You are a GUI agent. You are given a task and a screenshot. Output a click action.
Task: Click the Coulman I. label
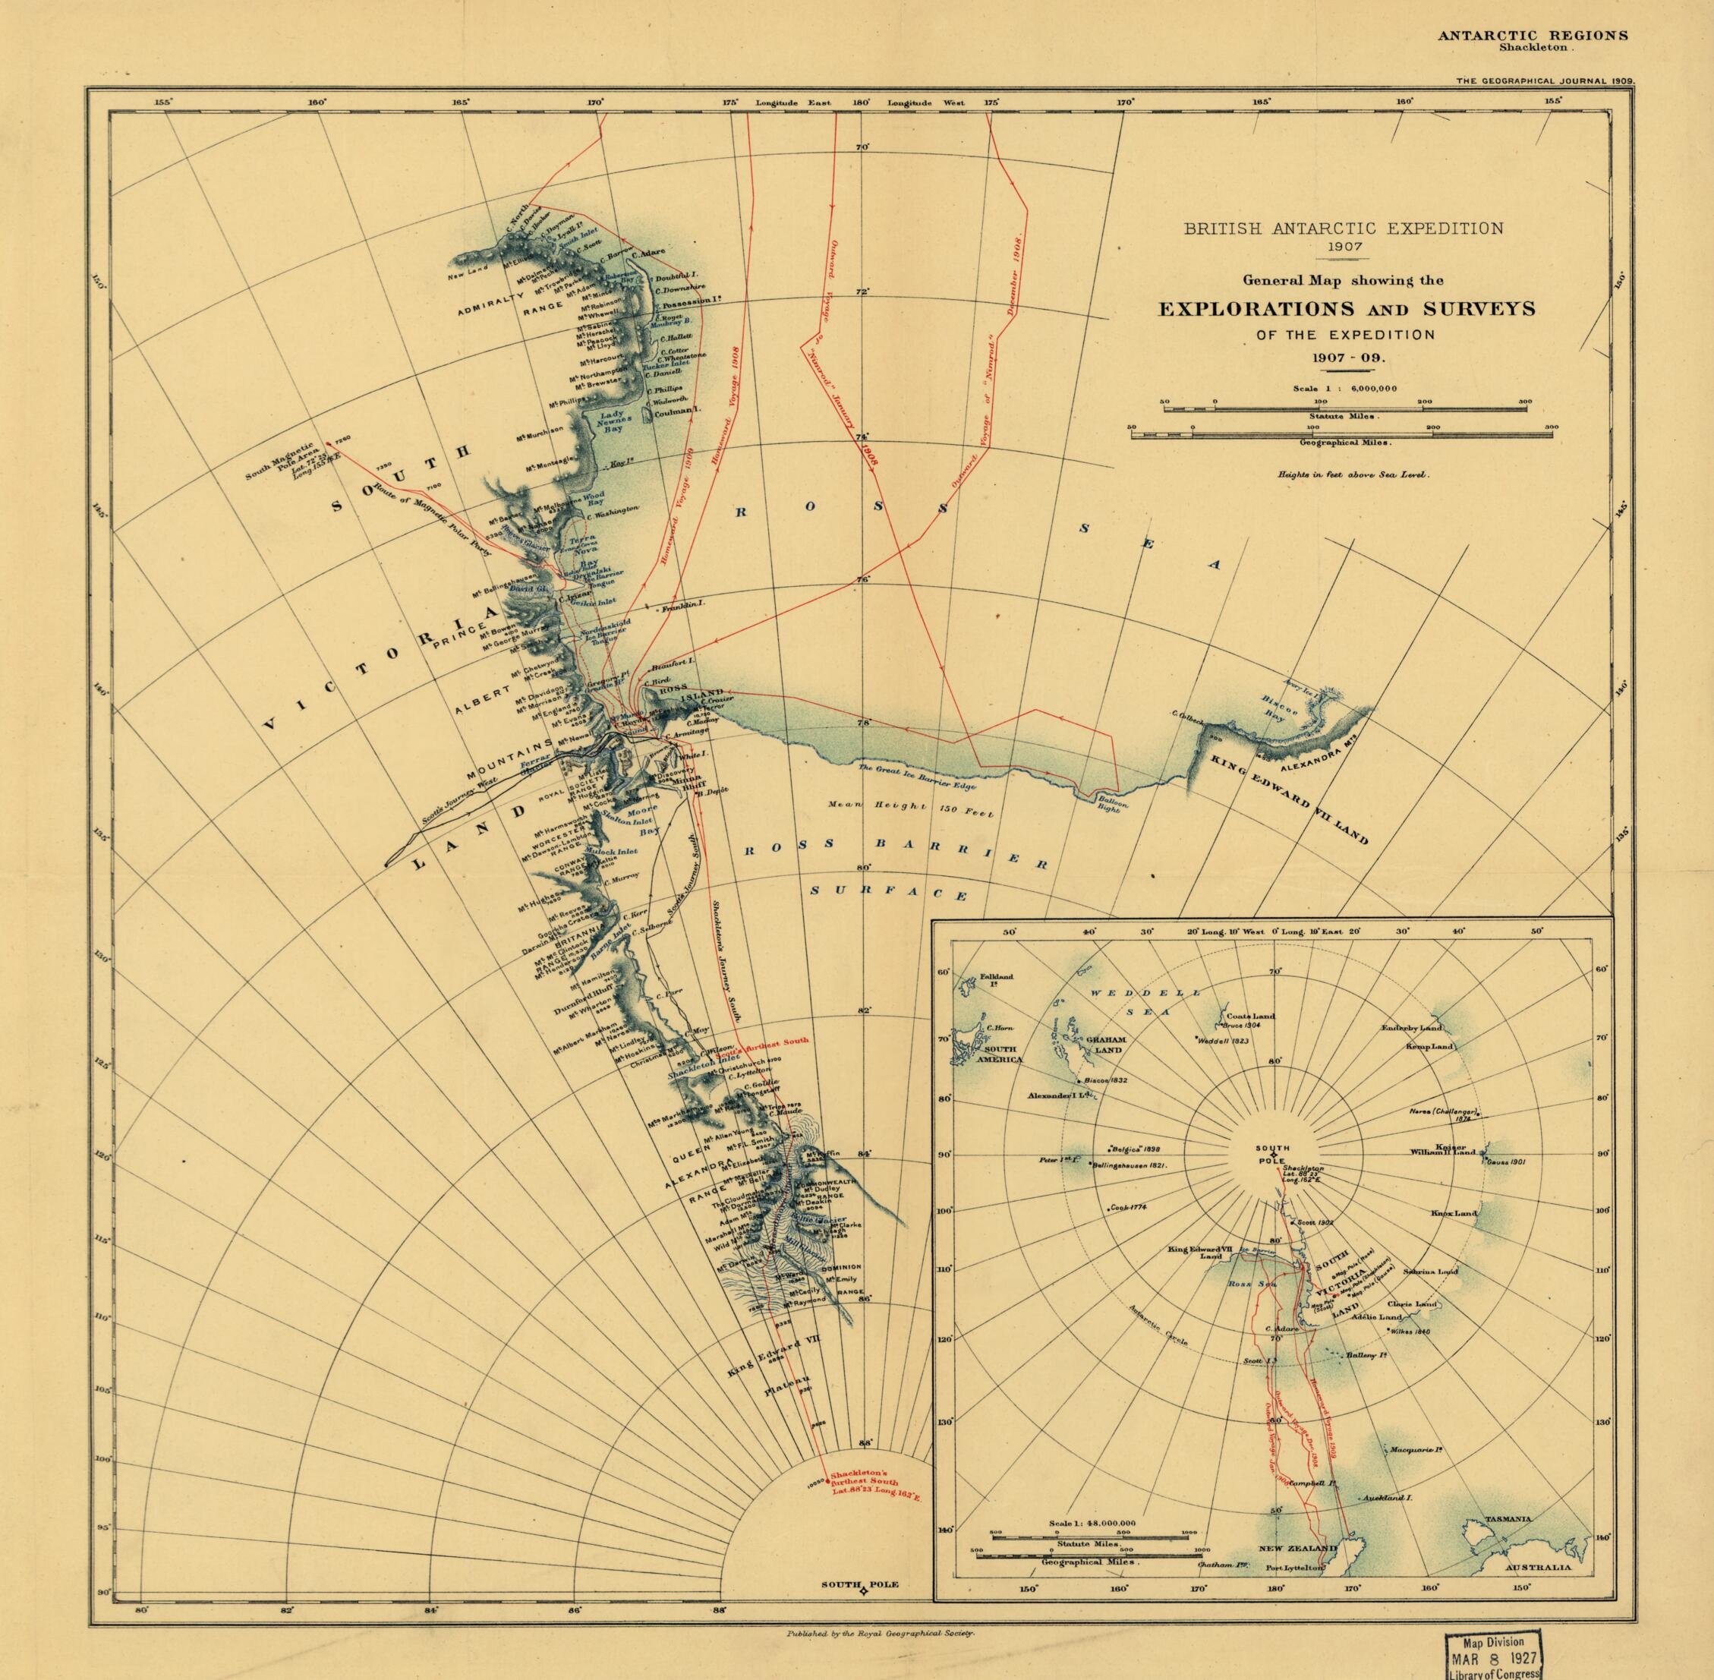[x=675, y=410]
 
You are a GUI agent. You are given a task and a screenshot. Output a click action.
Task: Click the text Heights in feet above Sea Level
[x=1353, y=474]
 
